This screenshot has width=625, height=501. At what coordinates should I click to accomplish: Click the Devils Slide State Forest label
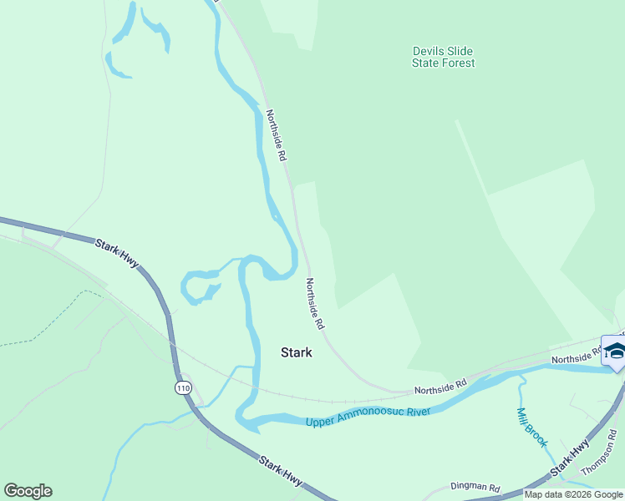coord(444,57)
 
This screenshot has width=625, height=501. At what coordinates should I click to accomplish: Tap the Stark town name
coord(296,352)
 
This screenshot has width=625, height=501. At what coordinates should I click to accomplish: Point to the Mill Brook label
coord(531,426)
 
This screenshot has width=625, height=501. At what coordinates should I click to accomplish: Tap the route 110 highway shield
coord(183,387)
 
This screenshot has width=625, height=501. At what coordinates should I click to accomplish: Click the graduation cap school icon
coord(615,352)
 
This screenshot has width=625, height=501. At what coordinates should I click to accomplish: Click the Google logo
coord(28,491)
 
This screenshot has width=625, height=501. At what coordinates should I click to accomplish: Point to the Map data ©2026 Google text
coord(573,494)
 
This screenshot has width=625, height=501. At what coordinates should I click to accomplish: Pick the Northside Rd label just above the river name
coord(440,387)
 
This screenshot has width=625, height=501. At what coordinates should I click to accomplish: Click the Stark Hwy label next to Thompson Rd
coord(572,462)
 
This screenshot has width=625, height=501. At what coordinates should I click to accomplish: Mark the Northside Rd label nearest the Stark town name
coord(315,302)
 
